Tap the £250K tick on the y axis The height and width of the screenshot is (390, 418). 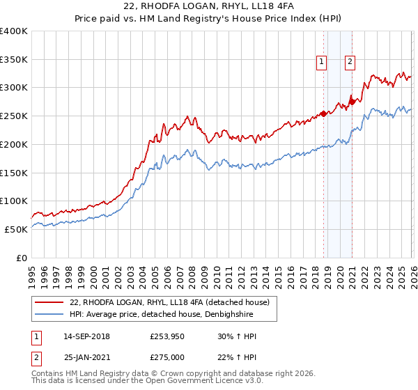[13, 116]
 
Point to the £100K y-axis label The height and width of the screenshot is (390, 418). [13, 201]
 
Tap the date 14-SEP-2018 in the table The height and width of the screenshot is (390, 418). [86, 336]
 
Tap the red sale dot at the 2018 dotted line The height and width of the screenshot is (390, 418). [323, 114]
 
